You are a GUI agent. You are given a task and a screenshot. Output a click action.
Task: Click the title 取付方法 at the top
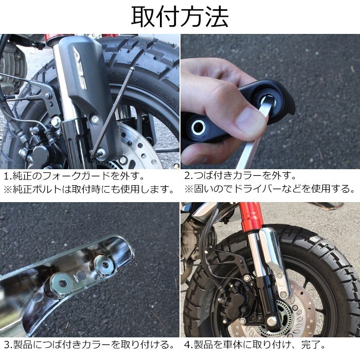[x=179, y=16]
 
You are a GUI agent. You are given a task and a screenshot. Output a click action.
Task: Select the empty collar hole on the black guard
[x=199, y=127]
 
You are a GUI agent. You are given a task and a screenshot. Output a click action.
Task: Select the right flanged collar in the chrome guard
[x=104, y=265]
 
